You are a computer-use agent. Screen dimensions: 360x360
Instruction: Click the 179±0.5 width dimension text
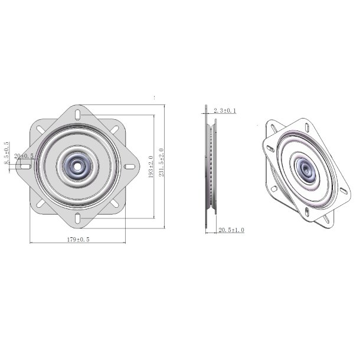[x=78, y=239]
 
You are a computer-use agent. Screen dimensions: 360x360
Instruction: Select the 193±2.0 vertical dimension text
[x=150, y=167]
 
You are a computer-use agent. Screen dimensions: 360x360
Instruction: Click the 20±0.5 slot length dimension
[x=24, y=156]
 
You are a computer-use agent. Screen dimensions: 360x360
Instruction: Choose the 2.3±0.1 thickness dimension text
[x=224, y=110]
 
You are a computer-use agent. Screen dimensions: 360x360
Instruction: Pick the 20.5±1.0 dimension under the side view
[x=231, y=230]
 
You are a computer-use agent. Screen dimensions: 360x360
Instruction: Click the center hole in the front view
[x=78, y=167]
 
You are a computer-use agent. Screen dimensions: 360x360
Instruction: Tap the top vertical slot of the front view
[x=78, y=114]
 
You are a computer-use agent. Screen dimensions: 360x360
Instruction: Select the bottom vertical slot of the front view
[x=78, y=220]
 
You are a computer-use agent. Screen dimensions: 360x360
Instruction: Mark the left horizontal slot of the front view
[x=26, y=167]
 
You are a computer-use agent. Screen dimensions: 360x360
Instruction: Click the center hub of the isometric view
[x=305, y=171]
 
